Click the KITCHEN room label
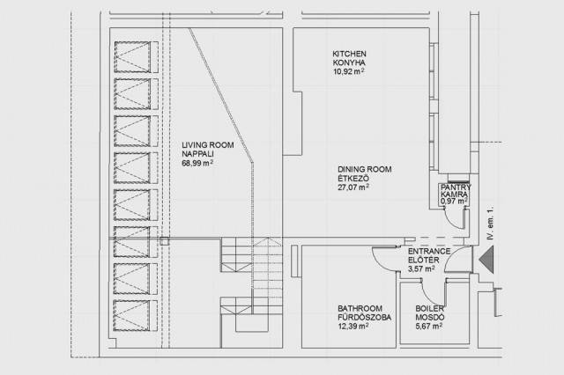point(349,54)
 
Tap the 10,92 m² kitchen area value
point(349,71)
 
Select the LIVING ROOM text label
point(208,145)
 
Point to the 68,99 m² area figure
point(197,163)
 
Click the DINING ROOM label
point(365,169)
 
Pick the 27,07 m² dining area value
point(353,187)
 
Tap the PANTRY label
point(456,187)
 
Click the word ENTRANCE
point(429,252)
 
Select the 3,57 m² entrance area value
point(421,268)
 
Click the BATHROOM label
point(360,309)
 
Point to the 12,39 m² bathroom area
point(352,327)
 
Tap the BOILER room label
point(430,309)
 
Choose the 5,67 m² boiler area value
point(429,327)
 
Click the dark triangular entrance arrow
point(486,259)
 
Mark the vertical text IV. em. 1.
point(490,224)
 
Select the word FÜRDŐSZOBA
point(364,318)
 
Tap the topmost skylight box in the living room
point(132,57)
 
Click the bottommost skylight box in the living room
point(132,315)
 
